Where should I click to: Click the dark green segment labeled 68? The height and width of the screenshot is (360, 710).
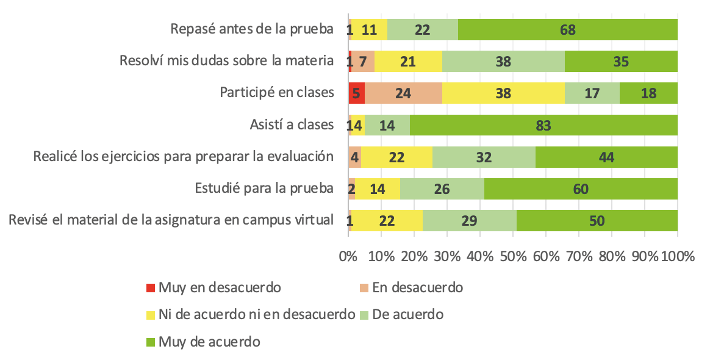coord(568,29)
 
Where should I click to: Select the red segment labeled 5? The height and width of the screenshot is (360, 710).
coord(357,93)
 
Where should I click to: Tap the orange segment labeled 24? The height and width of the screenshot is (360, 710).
coord(403,93)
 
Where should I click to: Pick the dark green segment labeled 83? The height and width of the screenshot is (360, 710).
coord(543,125)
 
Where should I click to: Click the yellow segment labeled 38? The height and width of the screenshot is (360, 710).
coord(503,93)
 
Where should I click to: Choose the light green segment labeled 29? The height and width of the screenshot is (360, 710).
coord(469,220)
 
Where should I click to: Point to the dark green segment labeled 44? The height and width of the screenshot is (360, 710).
coord(606,157)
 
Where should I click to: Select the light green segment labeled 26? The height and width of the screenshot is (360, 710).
coord(442,189)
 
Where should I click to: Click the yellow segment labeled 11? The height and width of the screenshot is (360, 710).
coord(369,29)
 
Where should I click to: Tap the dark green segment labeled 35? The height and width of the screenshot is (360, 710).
coord(621,61)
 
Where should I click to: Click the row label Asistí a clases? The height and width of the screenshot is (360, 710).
coord(292,125)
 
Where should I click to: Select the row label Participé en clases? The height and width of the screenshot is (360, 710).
coord(277,93)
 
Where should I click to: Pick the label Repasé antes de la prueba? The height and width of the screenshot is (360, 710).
coord(253,29)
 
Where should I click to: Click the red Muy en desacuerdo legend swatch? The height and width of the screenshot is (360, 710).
coord(151,287)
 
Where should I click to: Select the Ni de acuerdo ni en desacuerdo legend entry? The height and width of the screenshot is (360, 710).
coord(256,314)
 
